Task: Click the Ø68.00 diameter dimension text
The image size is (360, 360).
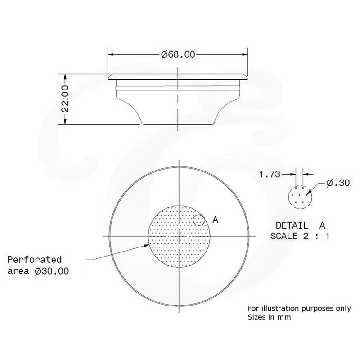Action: (x=178, y=55)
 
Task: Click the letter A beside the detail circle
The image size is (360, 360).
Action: (x=215, y=220)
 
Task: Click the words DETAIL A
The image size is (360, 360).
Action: (x=299, y=224)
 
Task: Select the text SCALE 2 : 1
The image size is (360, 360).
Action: (x=299, y=236)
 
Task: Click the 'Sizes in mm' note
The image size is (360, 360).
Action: (x=268, y=317)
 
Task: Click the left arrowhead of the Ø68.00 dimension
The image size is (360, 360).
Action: (x=111, y=55)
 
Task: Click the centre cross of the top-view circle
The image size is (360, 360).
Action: (x=179, y=236)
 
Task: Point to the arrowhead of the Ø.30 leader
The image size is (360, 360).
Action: (x=308, y=193)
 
